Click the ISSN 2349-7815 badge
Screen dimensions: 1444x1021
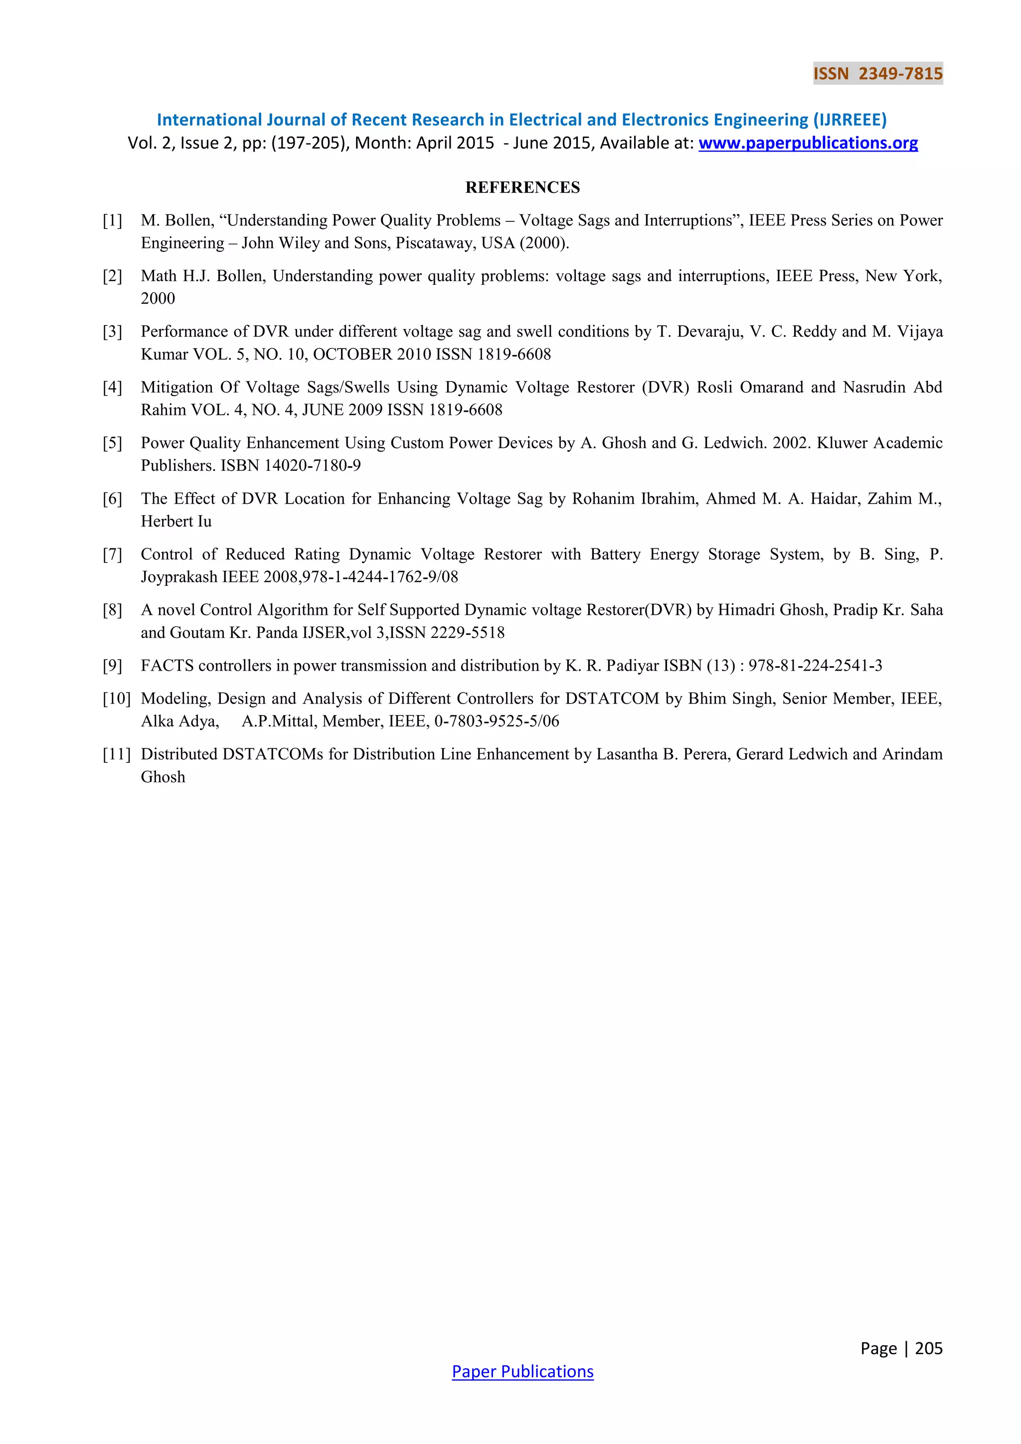(877, 74)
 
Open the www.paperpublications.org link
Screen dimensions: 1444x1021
(808, 144)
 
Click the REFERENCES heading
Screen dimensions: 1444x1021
(522, 187)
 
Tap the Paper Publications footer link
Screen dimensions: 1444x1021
(522, 1371)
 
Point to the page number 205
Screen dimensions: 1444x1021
(929, 1348)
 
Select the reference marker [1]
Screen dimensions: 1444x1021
(113, 221)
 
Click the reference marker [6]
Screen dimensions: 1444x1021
(113, 499)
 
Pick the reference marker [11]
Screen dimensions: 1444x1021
(116, 754)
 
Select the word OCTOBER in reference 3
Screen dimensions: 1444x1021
(352, 355)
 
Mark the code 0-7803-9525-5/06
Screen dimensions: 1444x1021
(497, 722)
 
